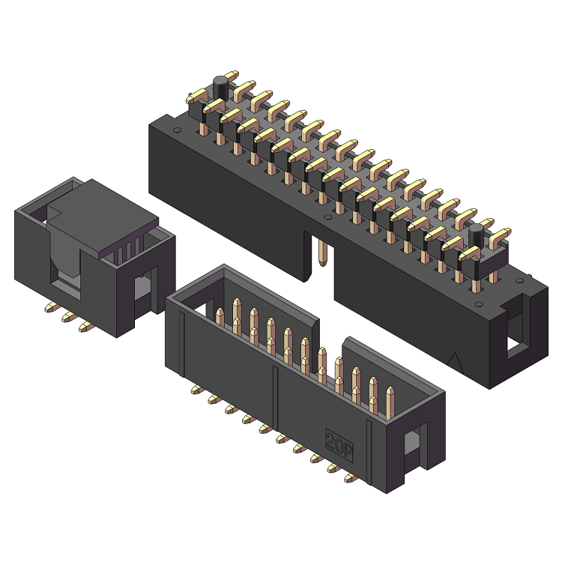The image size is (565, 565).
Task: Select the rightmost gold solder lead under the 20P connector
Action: click(x=349, y=477)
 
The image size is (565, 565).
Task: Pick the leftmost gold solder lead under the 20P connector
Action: click(x=196, y=389)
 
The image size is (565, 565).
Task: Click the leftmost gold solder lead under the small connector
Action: click(x=51, y=307)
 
